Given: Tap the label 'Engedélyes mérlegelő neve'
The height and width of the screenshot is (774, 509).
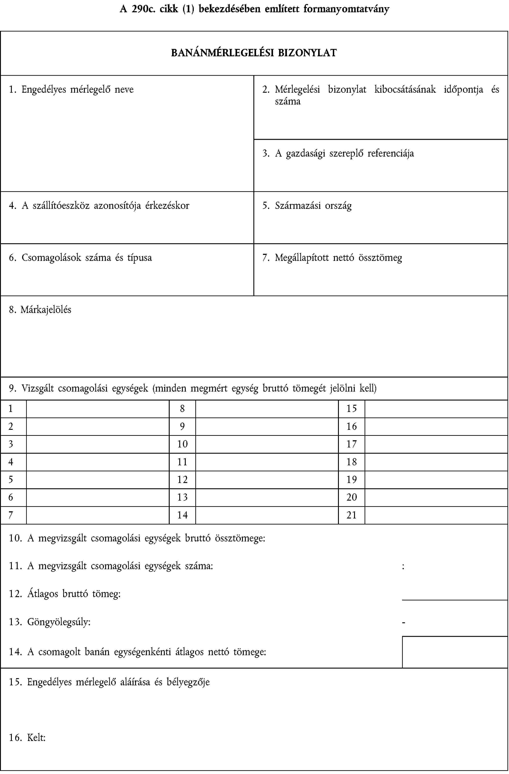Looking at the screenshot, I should pos(77,89).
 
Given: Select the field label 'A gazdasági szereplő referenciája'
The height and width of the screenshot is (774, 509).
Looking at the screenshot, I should pos(350,153).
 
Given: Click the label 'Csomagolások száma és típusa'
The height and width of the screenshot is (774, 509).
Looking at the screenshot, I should pos(86,258).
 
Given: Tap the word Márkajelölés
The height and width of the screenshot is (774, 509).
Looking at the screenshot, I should pos(46,310).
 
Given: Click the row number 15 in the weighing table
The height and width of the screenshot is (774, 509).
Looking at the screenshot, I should pos(351,409).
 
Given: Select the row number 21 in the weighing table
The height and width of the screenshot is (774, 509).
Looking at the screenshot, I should pos(351,515).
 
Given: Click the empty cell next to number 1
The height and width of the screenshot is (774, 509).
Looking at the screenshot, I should pos(98,409).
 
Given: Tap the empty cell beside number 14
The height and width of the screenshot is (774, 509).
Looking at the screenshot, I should pos(267,515).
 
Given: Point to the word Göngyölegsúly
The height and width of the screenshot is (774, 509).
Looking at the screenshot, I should pos(58,622).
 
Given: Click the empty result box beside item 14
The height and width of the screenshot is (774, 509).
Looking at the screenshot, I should pos(455,652).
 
